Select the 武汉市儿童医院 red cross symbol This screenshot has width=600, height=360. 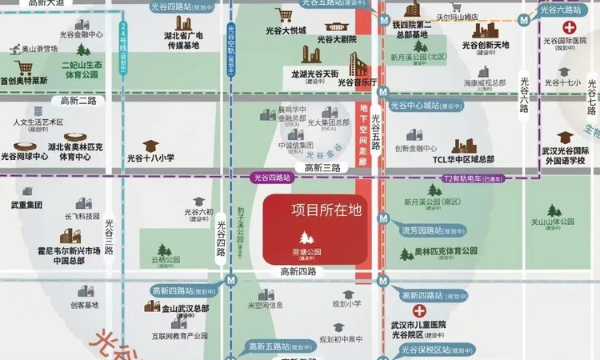click(418, 311)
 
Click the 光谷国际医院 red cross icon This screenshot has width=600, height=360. click(570, 26)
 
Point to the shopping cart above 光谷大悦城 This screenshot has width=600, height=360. click(284, 15)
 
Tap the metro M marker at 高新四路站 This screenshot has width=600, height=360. click(231, 280)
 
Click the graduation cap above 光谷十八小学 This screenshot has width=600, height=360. click(150, 145)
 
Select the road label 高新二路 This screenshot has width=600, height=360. click(78, 101)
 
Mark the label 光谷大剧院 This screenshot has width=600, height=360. click(336, 39)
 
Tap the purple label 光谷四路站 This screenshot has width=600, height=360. click(270, 177)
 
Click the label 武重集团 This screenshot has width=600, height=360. click(26, 205)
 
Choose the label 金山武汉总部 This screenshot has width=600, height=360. click(186, 308)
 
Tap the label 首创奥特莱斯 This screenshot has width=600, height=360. click(24, 81)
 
